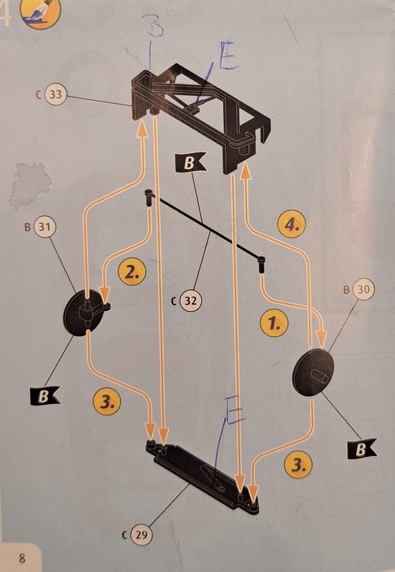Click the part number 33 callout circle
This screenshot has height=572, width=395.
coord(56,94)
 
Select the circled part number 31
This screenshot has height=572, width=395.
coord(44,227)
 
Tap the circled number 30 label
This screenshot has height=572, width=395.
coord(363,290)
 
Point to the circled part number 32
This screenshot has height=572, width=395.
coord(190,301)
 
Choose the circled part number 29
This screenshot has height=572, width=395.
coord(141,534)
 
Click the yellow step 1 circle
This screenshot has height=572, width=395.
coord(274,323)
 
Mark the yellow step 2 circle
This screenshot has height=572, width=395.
coord(132,272)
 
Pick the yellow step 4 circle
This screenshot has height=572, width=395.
coord(292,224)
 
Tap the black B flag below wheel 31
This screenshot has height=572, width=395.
coord(45,395)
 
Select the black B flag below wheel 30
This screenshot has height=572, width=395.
coord(361,449)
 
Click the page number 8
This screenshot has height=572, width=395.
coord(22,558)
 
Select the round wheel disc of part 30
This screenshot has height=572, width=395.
coord(313,372)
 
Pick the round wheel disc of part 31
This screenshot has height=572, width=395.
coord(83,312)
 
